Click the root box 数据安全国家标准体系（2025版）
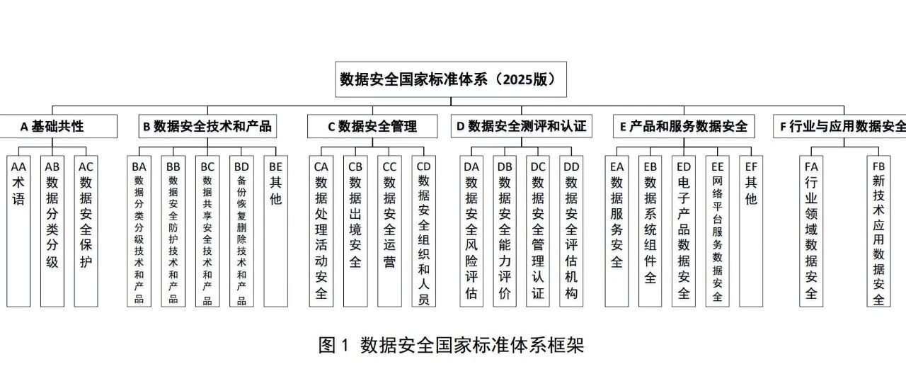point(451,79)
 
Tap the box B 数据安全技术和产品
point(207,127)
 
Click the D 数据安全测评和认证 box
point(522,127)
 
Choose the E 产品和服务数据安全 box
point(683,127)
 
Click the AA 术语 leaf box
point(19,231)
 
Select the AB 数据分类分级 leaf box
point(52,231)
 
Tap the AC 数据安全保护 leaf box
point(86,231)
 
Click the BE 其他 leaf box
point(275,231)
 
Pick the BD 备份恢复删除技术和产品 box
point(241,231)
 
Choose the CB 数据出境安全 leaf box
point(355,231)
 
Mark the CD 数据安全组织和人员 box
point(424,231)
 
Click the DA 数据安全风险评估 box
point(471,231)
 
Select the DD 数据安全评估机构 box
point(571,231)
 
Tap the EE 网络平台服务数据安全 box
point(717,231)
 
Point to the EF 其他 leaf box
point(751,231)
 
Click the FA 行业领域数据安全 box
point(811,231)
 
